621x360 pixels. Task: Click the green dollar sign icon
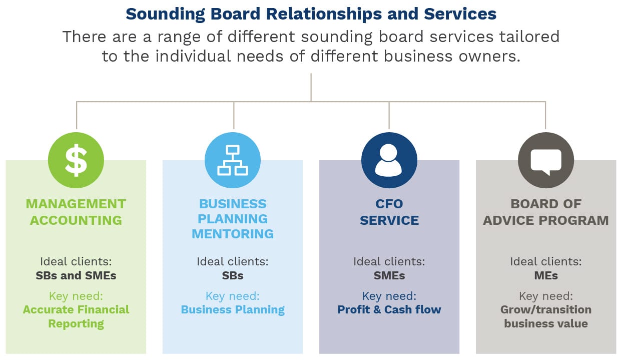(x=76, y=160)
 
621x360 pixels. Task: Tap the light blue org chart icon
(x=233, y=160)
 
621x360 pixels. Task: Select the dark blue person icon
(x=389, y=160)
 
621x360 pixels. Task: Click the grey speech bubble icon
(x=546, y=160)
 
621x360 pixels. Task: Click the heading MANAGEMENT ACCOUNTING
(x=76, y=212)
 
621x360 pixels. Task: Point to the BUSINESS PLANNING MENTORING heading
(x=233, y=219)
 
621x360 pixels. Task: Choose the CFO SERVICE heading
(x=389, y=212)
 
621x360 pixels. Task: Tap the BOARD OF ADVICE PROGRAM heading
(x=546, y=212)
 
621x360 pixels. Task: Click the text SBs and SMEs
(x=76, y=275)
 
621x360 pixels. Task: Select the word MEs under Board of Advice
(x=546, y=275)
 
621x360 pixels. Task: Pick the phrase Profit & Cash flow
(x=389, y=309)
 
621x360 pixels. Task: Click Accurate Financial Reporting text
(x=76, y=316)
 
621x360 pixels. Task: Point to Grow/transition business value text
(x=546, y=316)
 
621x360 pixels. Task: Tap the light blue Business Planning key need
(x=233, y=310)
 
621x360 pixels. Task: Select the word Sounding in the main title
(x=166, y=14)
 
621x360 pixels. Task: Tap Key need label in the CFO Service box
(x=389, y=296)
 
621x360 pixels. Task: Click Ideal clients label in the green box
(x=76, y=261)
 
